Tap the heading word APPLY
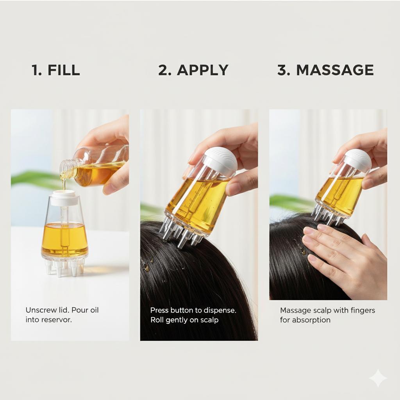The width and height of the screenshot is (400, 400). tap(202, 70)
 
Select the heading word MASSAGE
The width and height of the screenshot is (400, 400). tap(335, 70)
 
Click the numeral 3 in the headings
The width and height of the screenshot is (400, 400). tap(282, 70)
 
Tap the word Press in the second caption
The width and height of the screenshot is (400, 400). tap(159, 310)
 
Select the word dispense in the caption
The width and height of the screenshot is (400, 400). tap(220, 310)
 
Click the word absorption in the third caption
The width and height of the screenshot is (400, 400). tap(311, 320)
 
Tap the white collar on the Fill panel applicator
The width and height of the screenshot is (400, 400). tap(64, 198)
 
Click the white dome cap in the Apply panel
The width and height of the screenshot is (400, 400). tap(220, 161)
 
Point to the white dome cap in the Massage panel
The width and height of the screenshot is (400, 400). tap(357, 160)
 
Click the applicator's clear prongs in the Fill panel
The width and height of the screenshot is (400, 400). tap(64, 267)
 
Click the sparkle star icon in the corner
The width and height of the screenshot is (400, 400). tap(378, 378)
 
